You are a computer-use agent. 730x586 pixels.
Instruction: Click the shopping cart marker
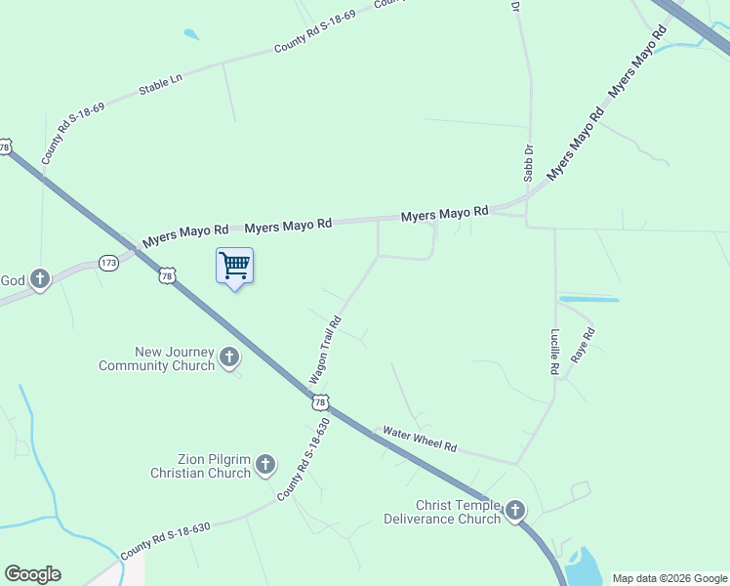point(234,266)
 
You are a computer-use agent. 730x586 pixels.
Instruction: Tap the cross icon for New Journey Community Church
point(229,357)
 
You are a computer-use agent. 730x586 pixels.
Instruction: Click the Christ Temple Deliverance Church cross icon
point(514,511)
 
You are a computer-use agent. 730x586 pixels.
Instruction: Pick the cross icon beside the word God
point(40,280)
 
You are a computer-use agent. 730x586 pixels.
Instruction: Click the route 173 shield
point(108,263)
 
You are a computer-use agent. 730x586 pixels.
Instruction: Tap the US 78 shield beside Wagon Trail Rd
point(320,401)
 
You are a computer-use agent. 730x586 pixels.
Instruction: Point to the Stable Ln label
point(161,84)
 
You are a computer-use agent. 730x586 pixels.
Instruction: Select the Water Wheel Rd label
point(420,439)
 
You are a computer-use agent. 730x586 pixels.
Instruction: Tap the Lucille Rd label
point(553,352)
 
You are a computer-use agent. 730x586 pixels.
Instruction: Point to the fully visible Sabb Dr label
point(528,163)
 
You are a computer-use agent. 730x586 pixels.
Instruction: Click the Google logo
point(32,574)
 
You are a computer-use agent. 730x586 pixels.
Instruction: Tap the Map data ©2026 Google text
point(669,578)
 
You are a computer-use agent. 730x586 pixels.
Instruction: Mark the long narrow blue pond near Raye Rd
point(588,299)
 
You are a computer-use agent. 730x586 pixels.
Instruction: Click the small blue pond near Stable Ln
point(190,35)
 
